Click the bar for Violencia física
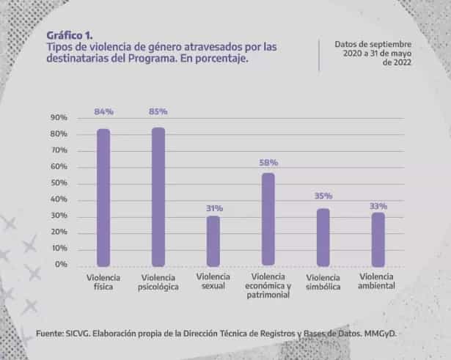click(x=103, y=197)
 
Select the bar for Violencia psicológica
click(x=158, y=197)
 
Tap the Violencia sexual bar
click(x=213, y=241)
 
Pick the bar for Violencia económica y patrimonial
click(x=268, y=219)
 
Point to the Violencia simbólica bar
click(x=323, y=238)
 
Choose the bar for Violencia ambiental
click(x=378, y=240)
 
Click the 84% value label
click(x=104, y=111)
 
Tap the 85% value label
click(x=158, y=111)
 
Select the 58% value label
click(x=268, y=163)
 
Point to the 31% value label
click(x=214, y=208)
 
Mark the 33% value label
click(x=378, y=206)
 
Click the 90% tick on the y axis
click(x=59, y=117)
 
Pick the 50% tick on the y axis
click(x=59, y=183)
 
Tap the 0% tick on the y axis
click(x=61, y=264)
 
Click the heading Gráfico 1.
click(x=70, y=36)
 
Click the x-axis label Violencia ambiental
click(x=376, y=282)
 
